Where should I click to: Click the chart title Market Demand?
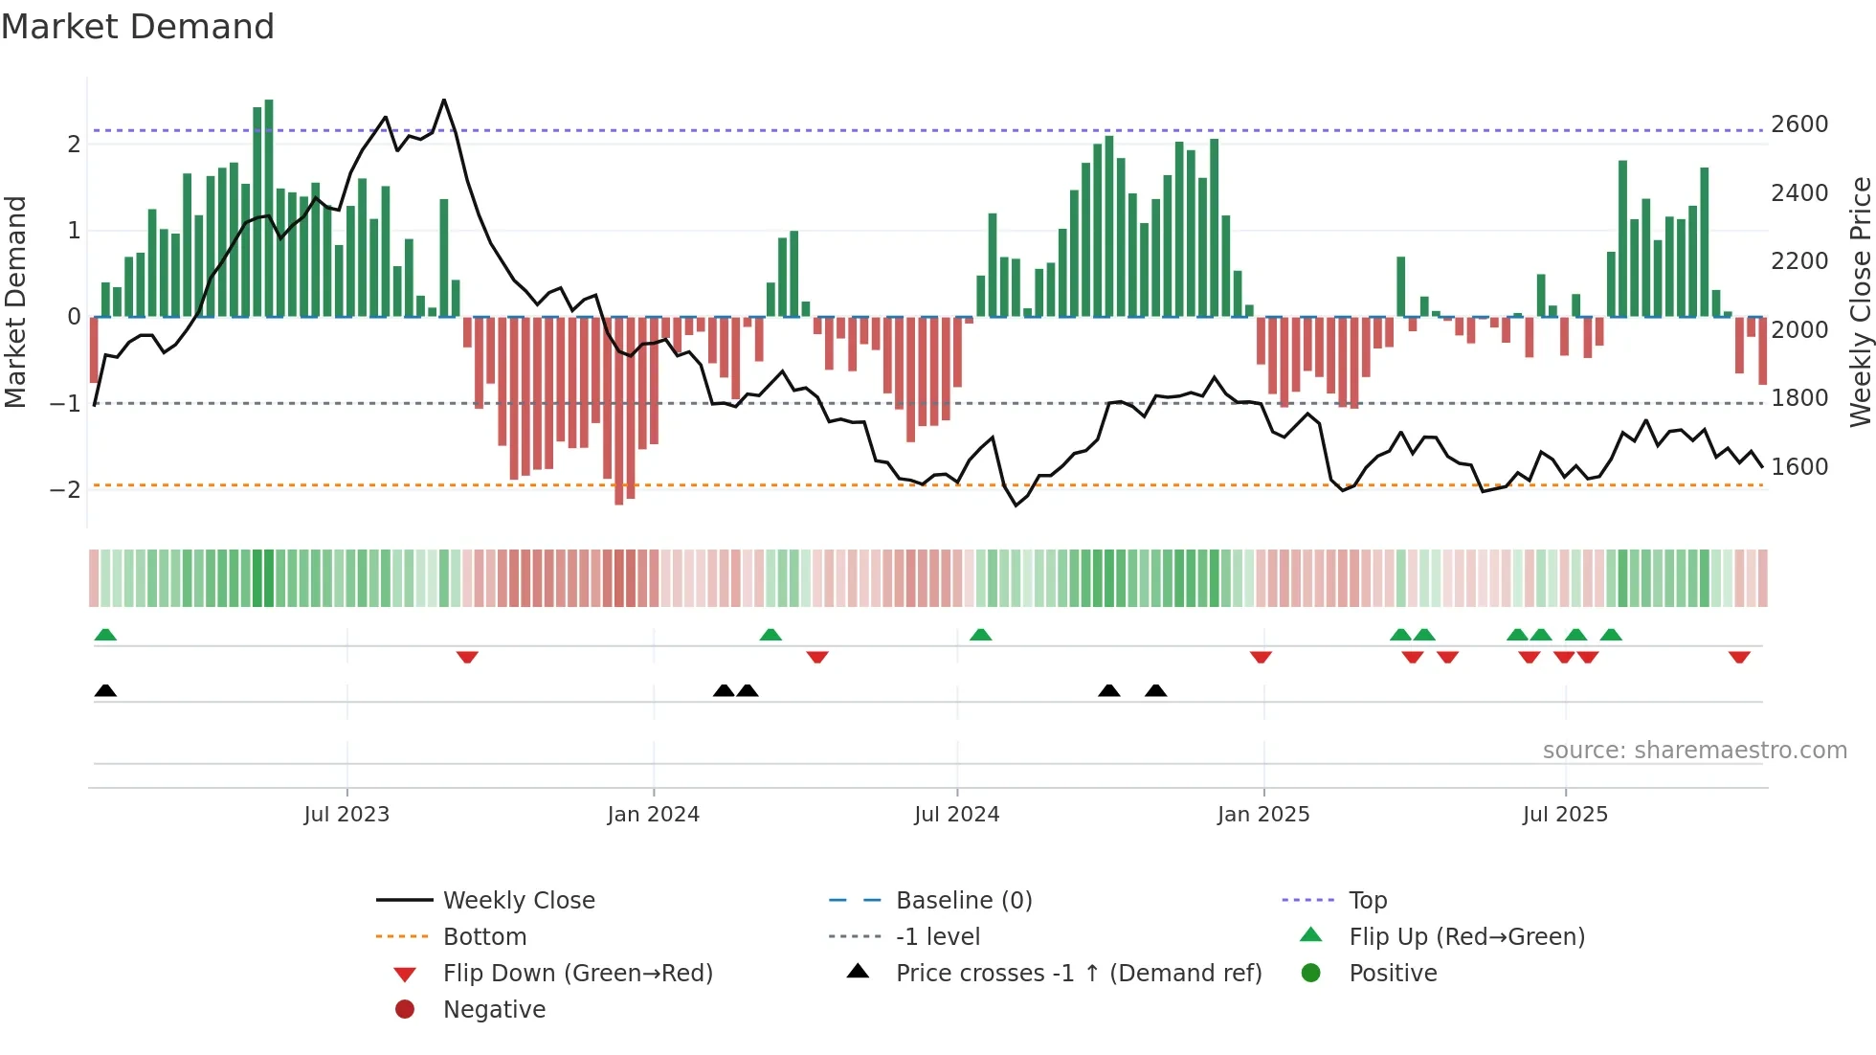138,26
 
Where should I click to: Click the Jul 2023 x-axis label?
346,814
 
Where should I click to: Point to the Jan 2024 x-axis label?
653,814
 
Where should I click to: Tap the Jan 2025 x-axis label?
1263,814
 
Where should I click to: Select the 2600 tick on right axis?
1799,123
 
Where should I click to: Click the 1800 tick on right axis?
1799,397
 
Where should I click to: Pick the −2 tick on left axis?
65,489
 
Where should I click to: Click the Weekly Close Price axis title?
1860,302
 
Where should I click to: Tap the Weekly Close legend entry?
518,900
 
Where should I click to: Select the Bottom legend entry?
484,936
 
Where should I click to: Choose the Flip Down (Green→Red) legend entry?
577,973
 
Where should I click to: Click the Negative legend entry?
494,1009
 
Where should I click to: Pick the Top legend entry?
1368,900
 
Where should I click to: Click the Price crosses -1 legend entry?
1078,973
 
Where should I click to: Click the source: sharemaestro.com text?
1694,750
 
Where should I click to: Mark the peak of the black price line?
444,100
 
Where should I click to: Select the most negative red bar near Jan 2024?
618,412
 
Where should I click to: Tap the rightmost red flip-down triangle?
1739,657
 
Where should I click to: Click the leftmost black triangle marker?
105,690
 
